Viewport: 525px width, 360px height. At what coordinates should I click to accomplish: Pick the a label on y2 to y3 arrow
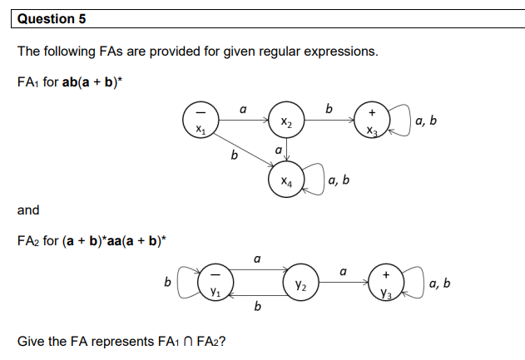(x=344, y=270)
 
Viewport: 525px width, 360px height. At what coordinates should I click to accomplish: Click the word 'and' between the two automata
(x=28, y=210)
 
